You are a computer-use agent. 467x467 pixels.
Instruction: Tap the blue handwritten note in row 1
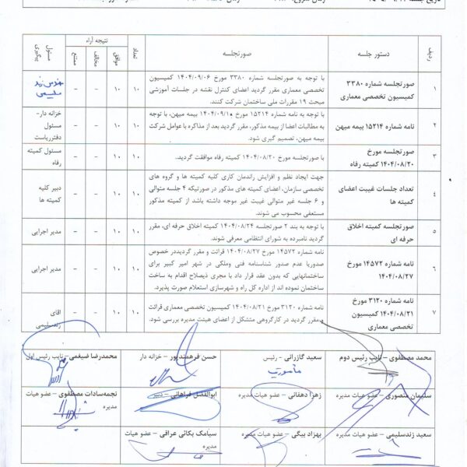[46, 89]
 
